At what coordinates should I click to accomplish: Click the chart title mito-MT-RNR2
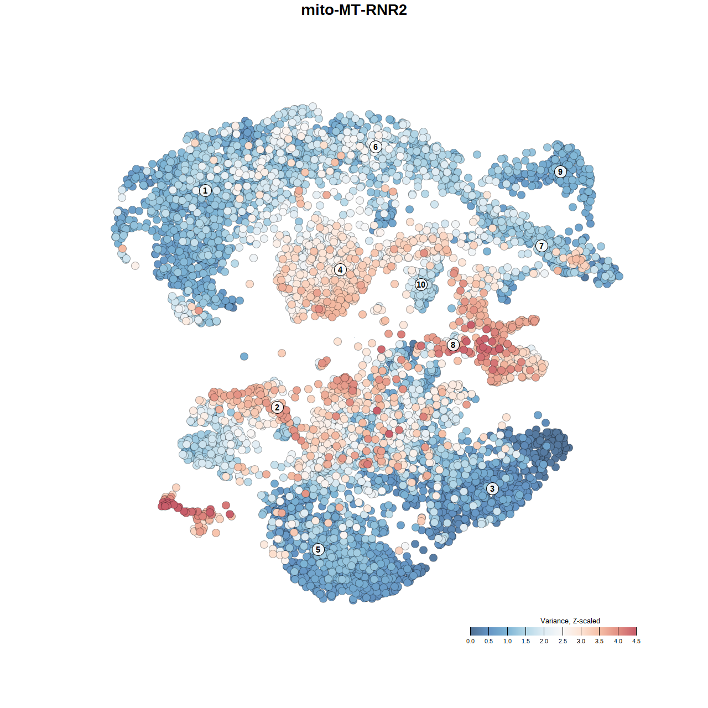pyautogui.click(x=354, y=11)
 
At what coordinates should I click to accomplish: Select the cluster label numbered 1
pyautogui.click(x=205, y=191)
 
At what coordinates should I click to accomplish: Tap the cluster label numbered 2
pyautogui.click(x=277, y=408)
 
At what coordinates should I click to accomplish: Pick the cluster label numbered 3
pyautogui.click(x=492, y=488)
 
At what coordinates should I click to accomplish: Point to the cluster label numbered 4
pyautogui.click(x=340, y=270)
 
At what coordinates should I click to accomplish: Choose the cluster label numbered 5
pyautogui.click(x=318, y=549)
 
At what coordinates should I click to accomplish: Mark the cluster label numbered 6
pyautogui.click(x=376, y=147)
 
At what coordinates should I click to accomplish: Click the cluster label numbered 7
pyautogui.click(x=542, y=246)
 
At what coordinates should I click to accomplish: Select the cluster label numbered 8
pyautogui.click(x=453, y=345)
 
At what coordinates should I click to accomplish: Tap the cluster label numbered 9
pyautogui.click(x=560, y=171)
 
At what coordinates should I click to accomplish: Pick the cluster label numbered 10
pyautogui.click(x=421, y=285)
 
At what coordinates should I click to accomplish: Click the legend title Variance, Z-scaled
pyautogui.click(x=570, y=621)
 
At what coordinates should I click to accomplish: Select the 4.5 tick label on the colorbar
pyautogui.click(x=637, y=641)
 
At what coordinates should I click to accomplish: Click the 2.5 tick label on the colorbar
pyautogui.click(x=563, y=641)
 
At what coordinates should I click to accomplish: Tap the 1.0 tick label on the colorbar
pyautogui.click(x=507, y=641)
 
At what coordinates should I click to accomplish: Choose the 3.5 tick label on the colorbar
pyautogui.click(x=600, y=641)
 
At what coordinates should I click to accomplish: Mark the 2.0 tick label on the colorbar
pyautogui.click(x=544, y=641)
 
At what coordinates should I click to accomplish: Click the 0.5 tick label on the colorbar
pyautogui.click(x=489, y=641)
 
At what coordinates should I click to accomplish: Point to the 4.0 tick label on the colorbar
pyautogui.click(x=618, y=641)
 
